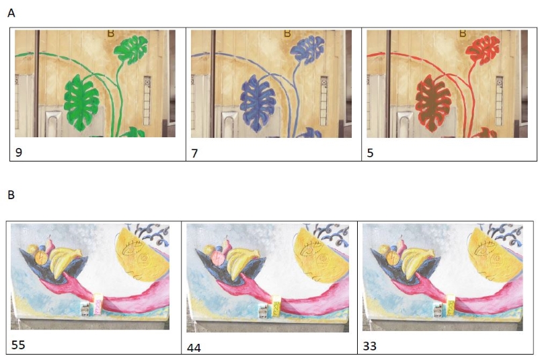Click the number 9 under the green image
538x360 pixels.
click(19, 152)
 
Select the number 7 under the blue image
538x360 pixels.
click(194, 153)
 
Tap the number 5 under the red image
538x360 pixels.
click(371, 153)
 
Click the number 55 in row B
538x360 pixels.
click(18, 345)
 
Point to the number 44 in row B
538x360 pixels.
click(194, 348)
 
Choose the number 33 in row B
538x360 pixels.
click(369, 346)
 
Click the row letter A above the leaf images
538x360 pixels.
click(11, 13)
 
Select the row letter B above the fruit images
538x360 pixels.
click(11, 195)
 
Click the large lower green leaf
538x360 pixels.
click(81, 103)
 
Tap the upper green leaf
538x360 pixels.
click(131, 49)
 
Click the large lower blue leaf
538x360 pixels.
click(258, 104)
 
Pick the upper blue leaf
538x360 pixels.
click(308, 50)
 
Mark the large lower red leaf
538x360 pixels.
click(433, 104)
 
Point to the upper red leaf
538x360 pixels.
click(484, 50)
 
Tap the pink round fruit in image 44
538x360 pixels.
click(218, 258)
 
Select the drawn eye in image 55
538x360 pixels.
click(132, 248)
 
